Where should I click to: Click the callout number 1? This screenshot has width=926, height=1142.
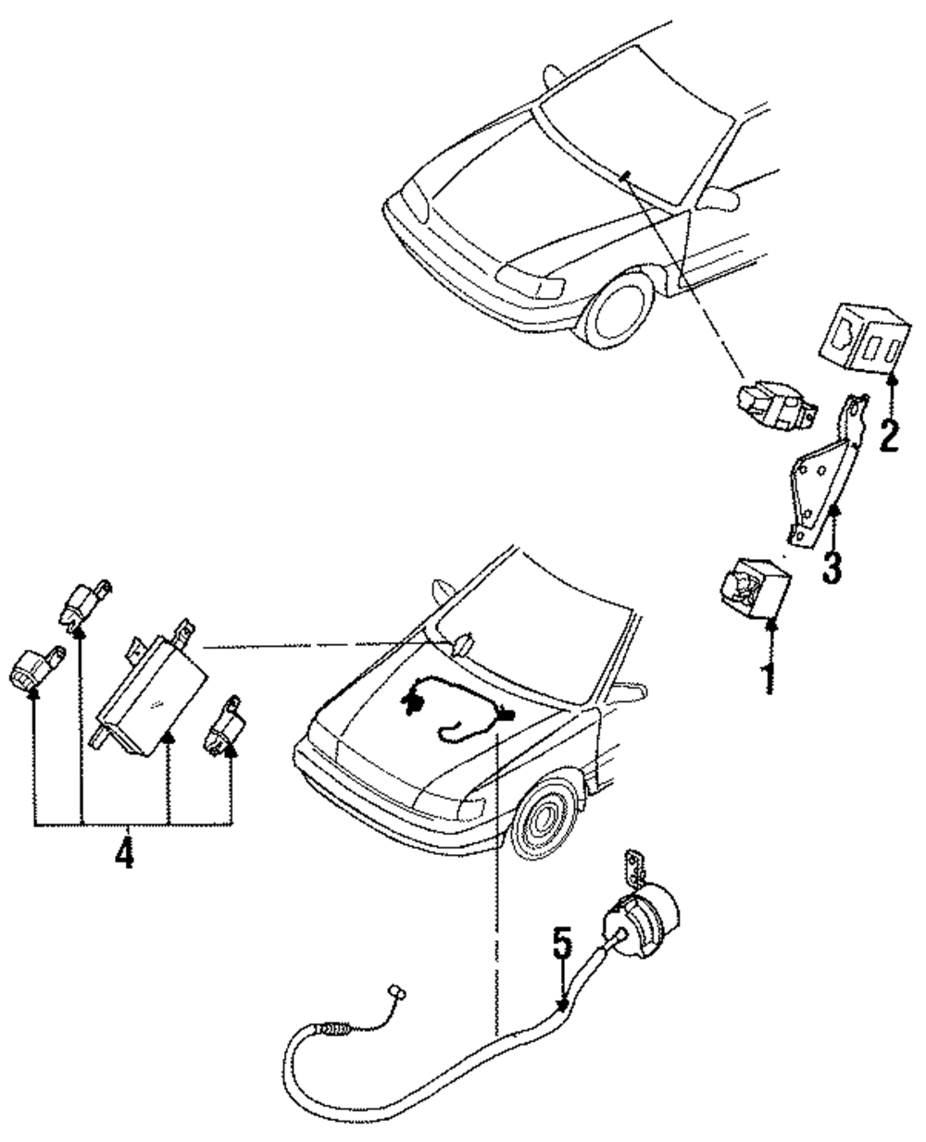(770, 678)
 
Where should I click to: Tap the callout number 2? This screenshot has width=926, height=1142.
(889, 435)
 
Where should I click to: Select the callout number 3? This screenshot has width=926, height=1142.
(832, 566)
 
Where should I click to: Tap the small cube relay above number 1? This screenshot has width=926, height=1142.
(756, 589)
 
